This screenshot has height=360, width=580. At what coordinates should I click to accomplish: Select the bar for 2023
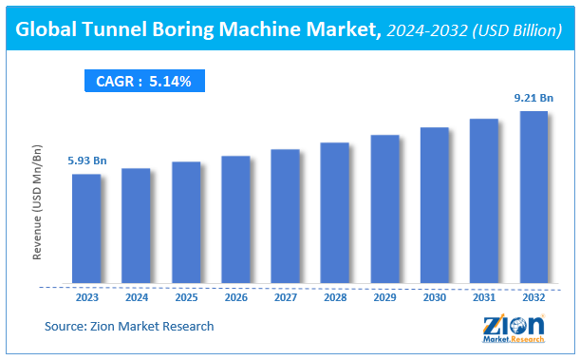(x=86, y=229)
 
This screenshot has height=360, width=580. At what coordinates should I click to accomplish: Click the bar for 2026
(x=235, y=219)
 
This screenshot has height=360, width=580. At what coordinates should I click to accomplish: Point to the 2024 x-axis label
(x=136, y=296)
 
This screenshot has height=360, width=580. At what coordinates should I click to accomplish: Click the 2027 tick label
(x=285, y=296)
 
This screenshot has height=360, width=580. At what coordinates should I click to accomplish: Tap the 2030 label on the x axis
(x=434, y=296)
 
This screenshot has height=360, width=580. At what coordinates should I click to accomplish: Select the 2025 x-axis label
(x=186, y=296)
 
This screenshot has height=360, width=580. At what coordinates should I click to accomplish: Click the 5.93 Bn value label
(x=86, y=161)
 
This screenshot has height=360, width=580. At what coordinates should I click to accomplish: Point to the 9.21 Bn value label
(x=533, y=98)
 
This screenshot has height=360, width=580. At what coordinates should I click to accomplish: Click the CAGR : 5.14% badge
(x=143, y=82)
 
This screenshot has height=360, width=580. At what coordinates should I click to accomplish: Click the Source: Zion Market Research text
(x=129, y=326)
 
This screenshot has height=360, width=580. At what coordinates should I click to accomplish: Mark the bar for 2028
(x=334, y=214)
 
